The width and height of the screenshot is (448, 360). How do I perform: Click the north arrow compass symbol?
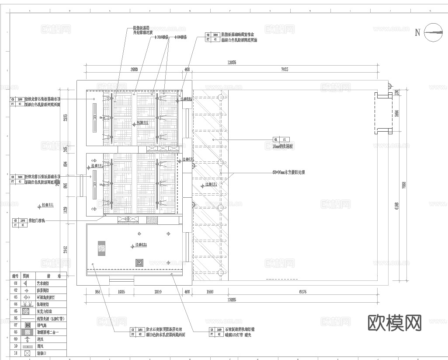click(433, 32)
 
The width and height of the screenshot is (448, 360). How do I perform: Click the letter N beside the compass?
click(417, 32)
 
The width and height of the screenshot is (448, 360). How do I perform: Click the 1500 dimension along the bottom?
click(210, 291)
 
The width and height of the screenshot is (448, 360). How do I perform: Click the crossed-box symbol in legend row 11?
click(28, 353)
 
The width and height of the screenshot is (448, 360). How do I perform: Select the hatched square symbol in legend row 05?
click(28, 311)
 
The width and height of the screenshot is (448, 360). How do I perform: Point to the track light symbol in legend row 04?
click(28, 304)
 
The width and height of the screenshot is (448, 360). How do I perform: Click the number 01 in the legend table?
click(15, 283)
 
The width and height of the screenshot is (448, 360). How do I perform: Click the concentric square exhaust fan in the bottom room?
click(139, 263)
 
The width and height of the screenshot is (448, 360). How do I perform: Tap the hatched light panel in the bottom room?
click(101, 248)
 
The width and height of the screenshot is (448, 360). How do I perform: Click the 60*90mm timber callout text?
click(288, 172)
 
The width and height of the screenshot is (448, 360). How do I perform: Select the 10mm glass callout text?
click(283, 147)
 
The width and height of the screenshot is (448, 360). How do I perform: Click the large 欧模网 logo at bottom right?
click(395, 323)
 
